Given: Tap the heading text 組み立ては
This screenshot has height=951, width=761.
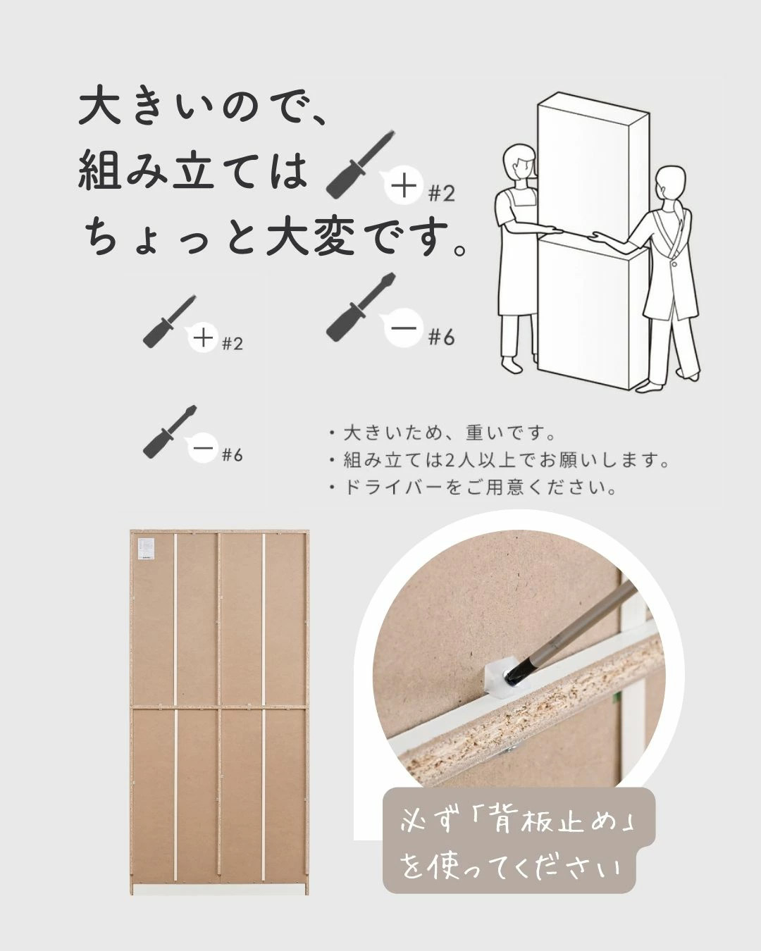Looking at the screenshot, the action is (192, 170).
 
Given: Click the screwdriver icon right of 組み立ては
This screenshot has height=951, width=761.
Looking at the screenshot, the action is (360, 163).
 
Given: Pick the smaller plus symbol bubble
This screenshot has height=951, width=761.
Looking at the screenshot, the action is (204, 339).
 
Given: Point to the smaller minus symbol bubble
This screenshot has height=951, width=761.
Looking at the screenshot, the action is (204, 449).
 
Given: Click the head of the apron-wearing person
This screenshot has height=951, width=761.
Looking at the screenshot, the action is (521, 163).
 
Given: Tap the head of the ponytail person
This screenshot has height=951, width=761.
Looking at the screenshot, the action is (669, 185).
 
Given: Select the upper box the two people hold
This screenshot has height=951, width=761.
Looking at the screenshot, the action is (593, 167).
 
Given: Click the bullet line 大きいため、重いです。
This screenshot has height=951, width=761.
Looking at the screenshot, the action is (443, 433).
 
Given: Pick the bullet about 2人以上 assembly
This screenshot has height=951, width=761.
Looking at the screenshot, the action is (498, 461).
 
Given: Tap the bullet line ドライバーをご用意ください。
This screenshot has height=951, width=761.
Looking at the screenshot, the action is (473, 488).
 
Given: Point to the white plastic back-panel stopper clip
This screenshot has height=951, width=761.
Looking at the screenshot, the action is (504, 680).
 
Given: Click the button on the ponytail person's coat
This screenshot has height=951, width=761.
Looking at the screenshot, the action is (674, 263).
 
